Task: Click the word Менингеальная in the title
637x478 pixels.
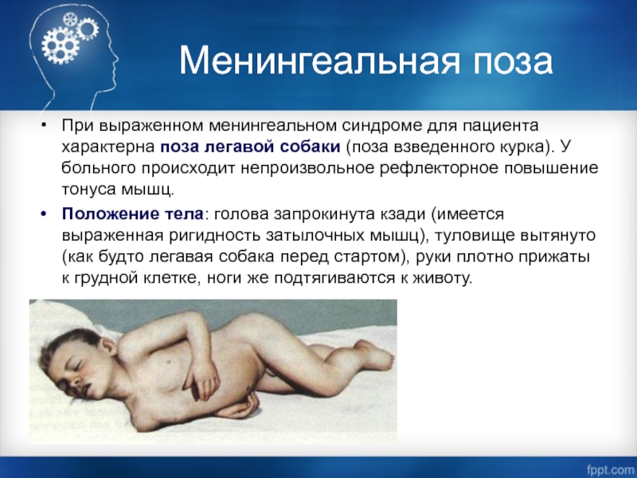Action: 319,61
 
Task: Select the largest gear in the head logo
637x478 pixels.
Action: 60,45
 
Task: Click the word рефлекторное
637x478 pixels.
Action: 440,168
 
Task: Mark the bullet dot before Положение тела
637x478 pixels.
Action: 44,214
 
